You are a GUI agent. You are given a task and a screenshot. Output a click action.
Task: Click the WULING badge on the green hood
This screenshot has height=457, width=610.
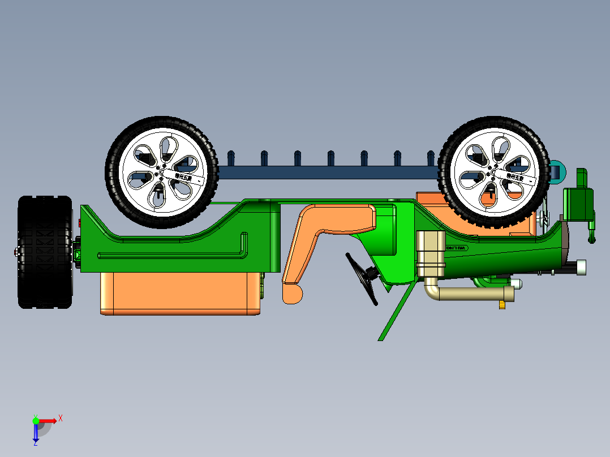point(458,248)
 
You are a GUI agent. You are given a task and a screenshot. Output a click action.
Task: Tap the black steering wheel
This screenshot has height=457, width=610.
point(362,278)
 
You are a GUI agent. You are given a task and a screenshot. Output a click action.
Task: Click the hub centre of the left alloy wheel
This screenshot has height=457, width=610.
point(161,173)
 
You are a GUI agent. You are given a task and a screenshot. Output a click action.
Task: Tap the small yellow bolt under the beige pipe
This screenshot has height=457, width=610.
point(502,305)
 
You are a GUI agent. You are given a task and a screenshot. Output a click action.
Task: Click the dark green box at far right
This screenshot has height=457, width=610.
point(578,204)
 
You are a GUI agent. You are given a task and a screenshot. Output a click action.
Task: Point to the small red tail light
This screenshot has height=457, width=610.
point(80,223)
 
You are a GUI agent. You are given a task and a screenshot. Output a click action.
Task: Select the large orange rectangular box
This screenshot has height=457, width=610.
point(180,293)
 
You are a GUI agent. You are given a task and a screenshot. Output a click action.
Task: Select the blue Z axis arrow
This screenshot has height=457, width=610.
point(36,433)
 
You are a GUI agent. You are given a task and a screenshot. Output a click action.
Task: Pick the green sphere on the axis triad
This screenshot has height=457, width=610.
point(36,420)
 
